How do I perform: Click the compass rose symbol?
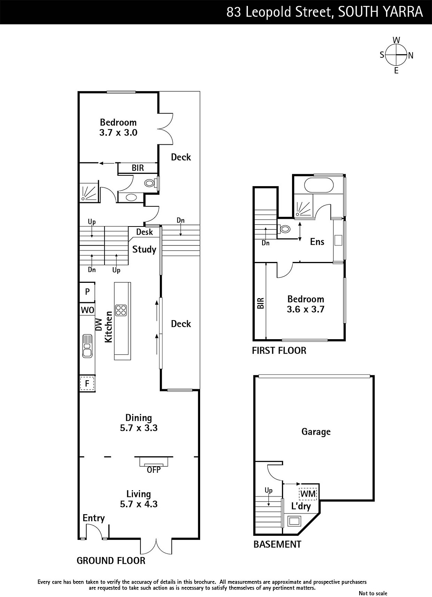pos(396,55)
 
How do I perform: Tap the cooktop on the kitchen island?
pos(121,310)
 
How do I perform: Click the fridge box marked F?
pos(87,384)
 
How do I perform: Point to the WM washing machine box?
pos(308,494)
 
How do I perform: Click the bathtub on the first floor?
pos(318,185)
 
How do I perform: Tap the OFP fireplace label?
pos(153,470)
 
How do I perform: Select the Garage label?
pos(316,431)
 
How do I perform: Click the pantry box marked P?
pos(87,291)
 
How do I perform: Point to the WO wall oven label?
pos(87,310)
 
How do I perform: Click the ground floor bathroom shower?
pos(89,192)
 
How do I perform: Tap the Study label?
pos(144,250)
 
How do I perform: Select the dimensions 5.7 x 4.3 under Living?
pos(139,504)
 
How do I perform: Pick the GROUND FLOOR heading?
pos(111,560)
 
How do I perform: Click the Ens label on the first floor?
pos(317,242)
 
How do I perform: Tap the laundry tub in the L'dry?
pos(294,521)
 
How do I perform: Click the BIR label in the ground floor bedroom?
pos(138,168)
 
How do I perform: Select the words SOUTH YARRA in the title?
pos(380,12)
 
